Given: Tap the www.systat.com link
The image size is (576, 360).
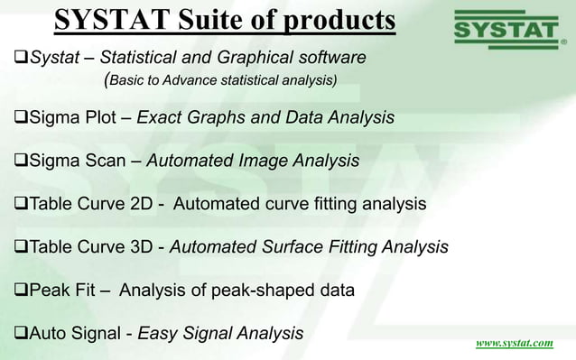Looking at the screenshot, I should click(515, 344).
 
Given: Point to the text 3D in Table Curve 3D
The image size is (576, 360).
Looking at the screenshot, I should click(141, 247).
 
